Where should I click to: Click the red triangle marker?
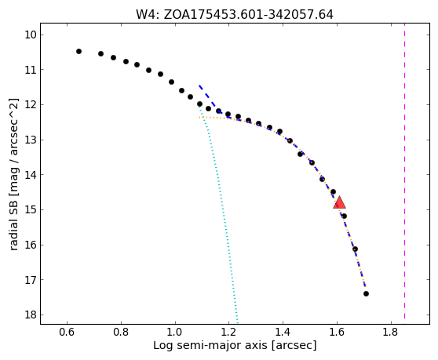coord(339,202)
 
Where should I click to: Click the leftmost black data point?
coord(78,51)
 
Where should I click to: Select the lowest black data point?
coord(366,293)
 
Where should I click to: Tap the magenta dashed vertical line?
coord(404,173)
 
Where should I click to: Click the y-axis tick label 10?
coord(31,35)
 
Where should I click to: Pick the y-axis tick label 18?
coord(31,315)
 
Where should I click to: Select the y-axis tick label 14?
coord(31,175)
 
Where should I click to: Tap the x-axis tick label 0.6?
coord(67,332)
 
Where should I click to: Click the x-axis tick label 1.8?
coord(391,332)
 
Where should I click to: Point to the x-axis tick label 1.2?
coord(228,332)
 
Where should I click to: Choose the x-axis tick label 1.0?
coord(175,332)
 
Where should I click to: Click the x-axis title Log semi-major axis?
coord(210,345)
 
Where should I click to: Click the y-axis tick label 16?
coord(31,245)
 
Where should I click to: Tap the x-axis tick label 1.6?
coord(337,332)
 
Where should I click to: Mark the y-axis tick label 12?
coord(31,104)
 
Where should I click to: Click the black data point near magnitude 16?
coord(355,249)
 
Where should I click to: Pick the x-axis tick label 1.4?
coord(283,332)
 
